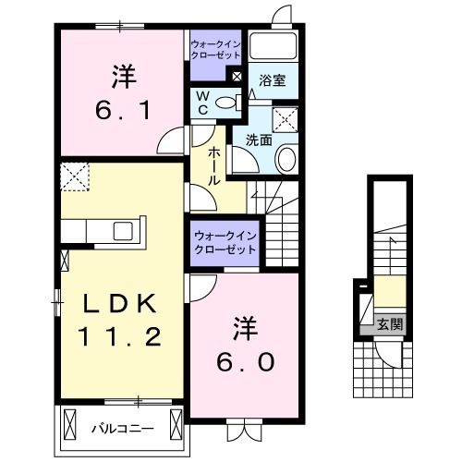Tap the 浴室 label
pyautogui.click(x=272, y=80)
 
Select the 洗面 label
pyautogui.click(x=259, y=140)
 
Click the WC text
pyautogui.click(x=202, y=103)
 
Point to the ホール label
pyautogui.click(x=213, y=166)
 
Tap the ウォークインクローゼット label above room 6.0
pyautogui.click(x=225, y=244)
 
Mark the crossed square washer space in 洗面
pyautogui.click(x=284, y=117)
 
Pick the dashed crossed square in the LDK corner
pyautogui.click(x=73, y=174)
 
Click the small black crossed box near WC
pyautogui.click(x=238, y=78)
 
